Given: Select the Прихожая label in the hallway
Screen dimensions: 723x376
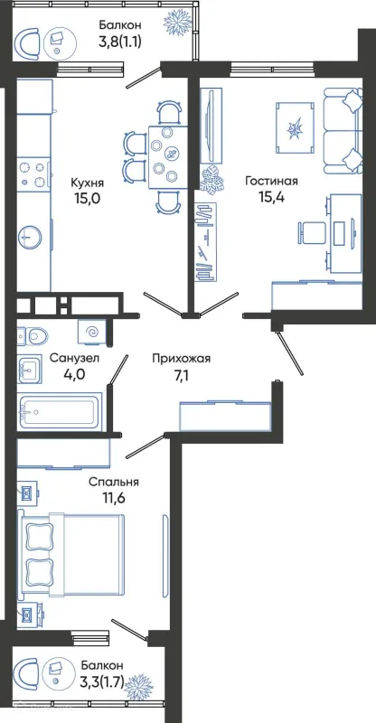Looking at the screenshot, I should coord(181,359).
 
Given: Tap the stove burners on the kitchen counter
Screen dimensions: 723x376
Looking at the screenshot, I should coord(32,174).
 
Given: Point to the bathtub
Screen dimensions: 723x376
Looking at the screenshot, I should coord(59,410).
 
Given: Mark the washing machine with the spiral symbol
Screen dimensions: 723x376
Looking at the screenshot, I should coord(91,333).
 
